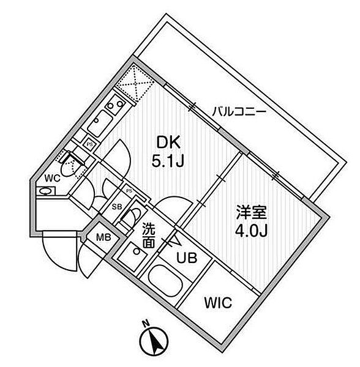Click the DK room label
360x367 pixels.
tap(168, 143)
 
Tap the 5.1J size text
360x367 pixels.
tap(168, 161)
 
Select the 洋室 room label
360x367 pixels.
tap(251, 212)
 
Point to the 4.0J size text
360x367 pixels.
tap(251, 231)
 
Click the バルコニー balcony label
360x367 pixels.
tap(239, 111)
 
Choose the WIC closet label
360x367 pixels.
tap(218, 303)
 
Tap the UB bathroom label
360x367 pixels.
tap(187, 258)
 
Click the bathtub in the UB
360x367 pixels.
tap(165, 281)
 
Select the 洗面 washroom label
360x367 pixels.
tap(149, 235)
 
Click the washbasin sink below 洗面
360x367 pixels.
tap(133, 256)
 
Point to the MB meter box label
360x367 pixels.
tap(103, 238)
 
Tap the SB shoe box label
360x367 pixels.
tap(117, 207)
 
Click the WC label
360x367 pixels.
tap(53, 179)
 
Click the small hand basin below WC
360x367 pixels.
tap(46, 191)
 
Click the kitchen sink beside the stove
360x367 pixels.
tap(100, 124)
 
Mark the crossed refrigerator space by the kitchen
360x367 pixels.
tap(135, 84)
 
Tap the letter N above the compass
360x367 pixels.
tap(146, 324)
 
